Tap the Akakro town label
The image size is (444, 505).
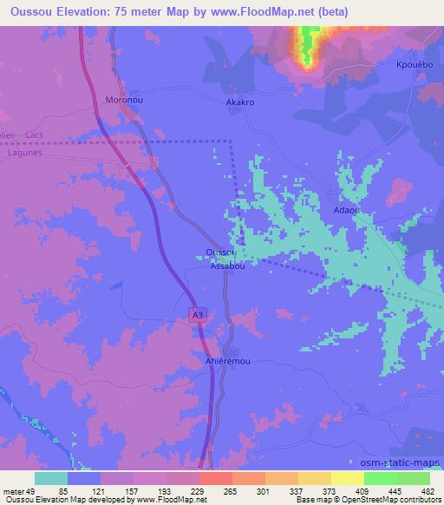(x=240, y=102)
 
